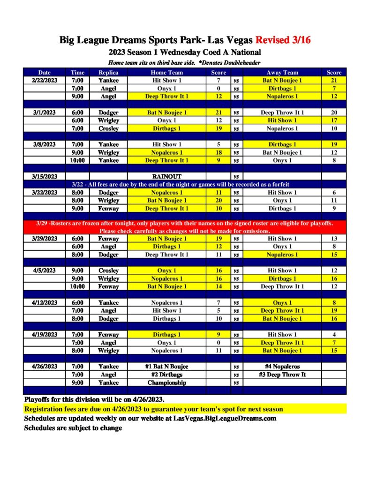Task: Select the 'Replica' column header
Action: pos(108,73)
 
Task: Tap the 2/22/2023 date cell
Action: pos(45,81)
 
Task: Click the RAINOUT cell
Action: pos(167,176)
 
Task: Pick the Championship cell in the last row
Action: pos(167,382)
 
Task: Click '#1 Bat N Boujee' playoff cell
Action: pos(167,367)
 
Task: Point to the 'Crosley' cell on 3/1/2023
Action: pos(108,128)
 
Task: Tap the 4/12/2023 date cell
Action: pos(45,303)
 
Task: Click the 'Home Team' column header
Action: pos(167,73)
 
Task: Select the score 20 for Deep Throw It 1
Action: pos(333,112)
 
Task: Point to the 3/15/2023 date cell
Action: pos(45,176)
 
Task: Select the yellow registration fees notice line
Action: pos(153,409)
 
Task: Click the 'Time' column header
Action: pos(77,73)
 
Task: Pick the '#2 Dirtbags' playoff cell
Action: pos(167,375)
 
